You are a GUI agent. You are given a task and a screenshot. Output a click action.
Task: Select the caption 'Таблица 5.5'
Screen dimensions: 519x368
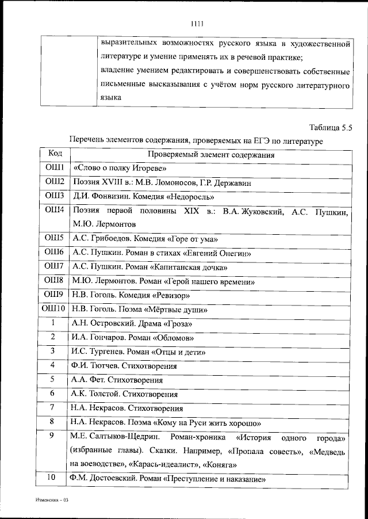(330, 128)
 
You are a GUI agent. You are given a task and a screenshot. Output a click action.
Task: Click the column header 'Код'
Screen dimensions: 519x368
(55, 154)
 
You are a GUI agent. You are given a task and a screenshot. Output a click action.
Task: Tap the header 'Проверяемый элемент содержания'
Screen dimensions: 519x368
(210, 155)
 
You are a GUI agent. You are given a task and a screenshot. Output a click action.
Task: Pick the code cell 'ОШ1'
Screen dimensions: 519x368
(55, 168)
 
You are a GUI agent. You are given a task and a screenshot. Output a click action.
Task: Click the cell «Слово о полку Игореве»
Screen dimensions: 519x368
(120, 169)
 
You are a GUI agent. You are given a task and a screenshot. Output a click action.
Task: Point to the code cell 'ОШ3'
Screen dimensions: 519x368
(55, 196)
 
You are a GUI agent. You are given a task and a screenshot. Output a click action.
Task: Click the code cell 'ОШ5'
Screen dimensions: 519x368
(55, 238)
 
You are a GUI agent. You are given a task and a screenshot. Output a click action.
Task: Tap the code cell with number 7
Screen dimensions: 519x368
(52, 408)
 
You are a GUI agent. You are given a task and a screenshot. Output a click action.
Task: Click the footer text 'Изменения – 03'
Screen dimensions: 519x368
(50, 501)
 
